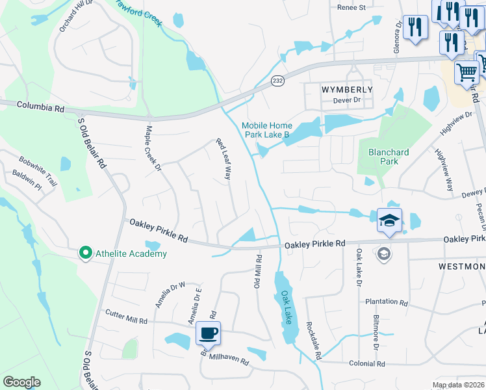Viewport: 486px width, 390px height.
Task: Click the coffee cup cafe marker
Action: [x=208, y=333]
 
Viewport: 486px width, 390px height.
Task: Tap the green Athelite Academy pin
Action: [x=84, y=253]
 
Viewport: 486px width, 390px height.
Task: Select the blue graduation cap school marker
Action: [x=389, y=221]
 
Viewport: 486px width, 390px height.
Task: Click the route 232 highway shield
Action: [x=277, y=80]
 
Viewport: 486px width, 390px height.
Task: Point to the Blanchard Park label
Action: [x=389, y=157]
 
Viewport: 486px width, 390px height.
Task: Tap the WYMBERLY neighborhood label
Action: [x=348, y=89]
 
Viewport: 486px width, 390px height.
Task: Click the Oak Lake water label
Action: [x=287, y=307]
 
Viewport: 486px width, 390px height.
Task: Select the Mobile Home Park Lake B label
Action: [x=267, y=130]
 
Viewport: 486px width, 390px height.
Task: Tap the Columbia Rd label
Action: [x=41, y=105]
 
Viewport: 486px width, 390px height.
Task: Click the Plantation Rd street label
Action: [x=386, y=302]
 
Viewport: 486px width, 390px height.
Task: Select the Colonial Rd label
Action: [x=367, y=364]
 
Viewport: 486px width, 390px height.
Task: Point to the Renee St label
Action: [x=352, y=8]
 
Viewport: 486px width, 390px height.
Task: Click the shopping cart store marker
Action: [x=467, y=73]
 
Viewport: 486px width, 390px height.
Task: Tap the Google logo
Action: [x=21, y=382]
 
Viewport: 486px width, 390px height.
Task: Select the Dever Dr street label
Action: [x=346, y=100]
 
